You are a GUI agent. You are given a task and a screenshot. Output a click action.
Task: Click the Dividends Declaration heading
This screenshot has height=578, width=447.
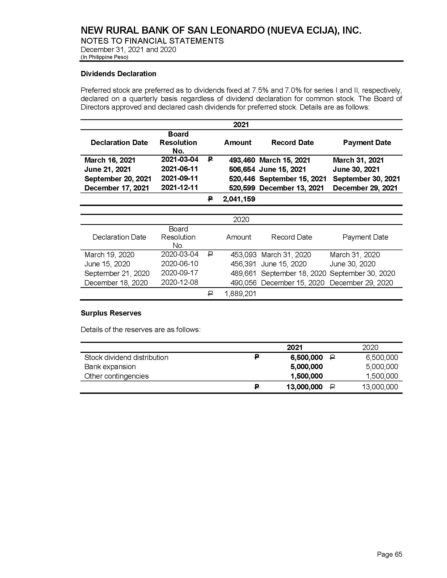pos(118,74)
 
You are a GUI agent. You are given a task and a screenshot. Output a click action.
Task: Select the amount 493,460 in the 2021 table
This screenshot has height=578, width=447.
pos(242,160)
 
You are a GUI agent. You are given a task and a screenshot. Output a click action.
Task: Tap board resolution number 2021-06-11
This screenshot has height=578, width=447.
pos(180,169)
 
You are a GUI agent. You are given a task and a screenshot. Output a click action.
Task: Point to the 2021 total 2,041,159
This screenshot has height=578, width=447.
pos(239,199)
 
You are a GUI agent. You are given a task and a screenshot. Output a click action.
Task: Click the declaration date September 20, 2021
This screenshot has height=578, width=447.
pos(118,179)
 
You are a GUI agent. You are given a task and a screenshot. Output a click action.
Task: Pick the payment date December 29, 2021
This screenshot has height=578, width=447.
pos(365,188)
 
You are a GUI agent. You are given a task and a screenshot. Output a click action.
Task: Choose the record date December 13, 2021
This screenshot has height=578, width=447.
pos(291,188)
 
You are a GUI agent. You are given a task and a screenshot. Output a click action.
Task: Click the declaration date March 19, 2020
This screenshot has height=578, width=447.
pos(109,255)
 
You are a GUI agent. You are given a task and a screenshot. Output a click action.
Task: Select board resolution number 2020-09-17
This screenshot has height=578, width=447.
pos(180,273)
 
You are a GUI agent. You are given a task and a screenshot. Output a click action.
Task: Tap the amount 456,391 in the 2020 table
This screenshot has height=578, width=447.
pos(243,264)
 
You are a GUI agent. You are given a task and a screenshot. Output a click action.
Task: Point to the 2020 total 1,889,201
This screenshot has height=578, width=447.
pos(240,293)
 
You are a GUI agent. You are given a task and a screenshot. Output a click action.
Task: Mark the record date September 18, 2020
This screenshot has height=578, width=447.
pos(293,273)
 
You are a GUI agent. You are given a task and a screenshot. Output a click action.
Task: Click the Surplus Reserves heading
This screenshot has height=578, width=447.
pos(111,313)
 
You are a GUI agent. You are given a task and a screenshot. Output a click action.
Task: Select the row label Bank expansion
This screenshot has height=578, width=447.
pos(110,367)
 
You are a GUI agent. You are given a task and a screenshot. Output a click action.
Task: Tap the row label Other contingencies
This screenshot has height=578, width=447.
pos(116,376)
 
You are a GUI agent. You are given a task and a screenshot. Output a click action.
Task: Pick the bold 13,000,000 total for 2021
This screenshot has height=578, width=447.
pos(304,387)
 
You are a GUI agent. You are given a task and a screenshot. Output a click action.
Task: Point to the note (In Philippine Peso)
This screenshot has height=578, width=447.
pos(104,57)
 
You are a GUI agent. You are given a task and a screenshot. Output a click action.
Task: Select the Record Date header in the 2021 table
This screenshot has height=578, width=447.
pos(292,142)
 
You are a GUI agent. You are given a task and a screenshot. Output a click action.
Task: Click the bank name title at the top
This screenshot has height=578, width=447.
pos(221,31)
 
